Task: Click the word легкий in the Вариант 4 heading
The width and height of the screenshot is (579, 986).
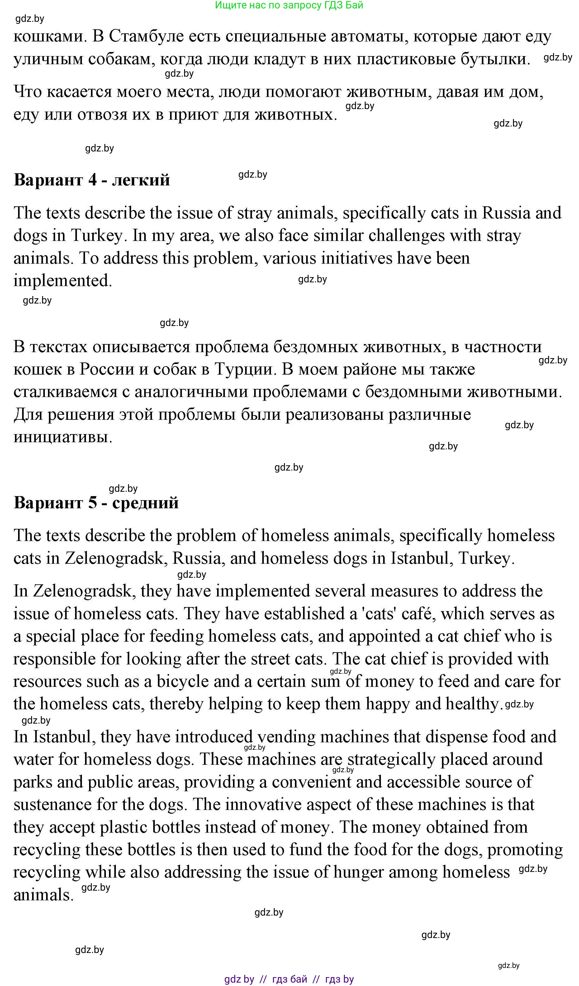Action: [x=141, y=180]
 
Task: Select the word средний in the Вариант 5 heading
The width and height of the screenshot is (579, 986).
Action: [x=145, y=503]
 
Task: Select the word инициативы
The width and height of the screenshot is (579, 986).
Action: [x=63, y=437]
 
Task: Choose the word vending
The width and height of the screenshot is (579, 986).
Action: [x=286, y=737]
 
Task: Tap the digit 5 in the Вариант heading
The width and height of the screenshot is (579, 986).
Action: [x=93, y=503]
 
